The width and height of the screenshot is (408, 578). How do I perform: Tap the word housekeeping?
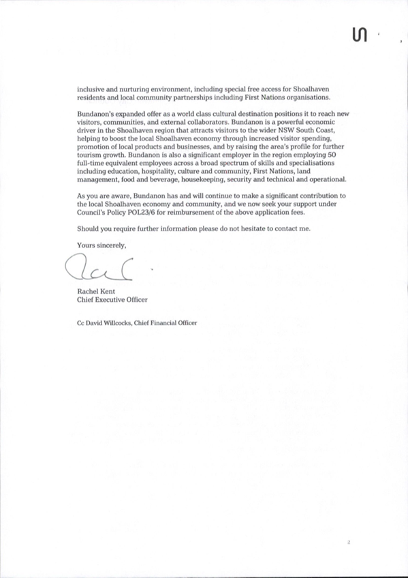206,180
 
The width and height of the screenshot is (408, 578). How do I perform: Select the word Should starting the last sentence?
87,228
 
